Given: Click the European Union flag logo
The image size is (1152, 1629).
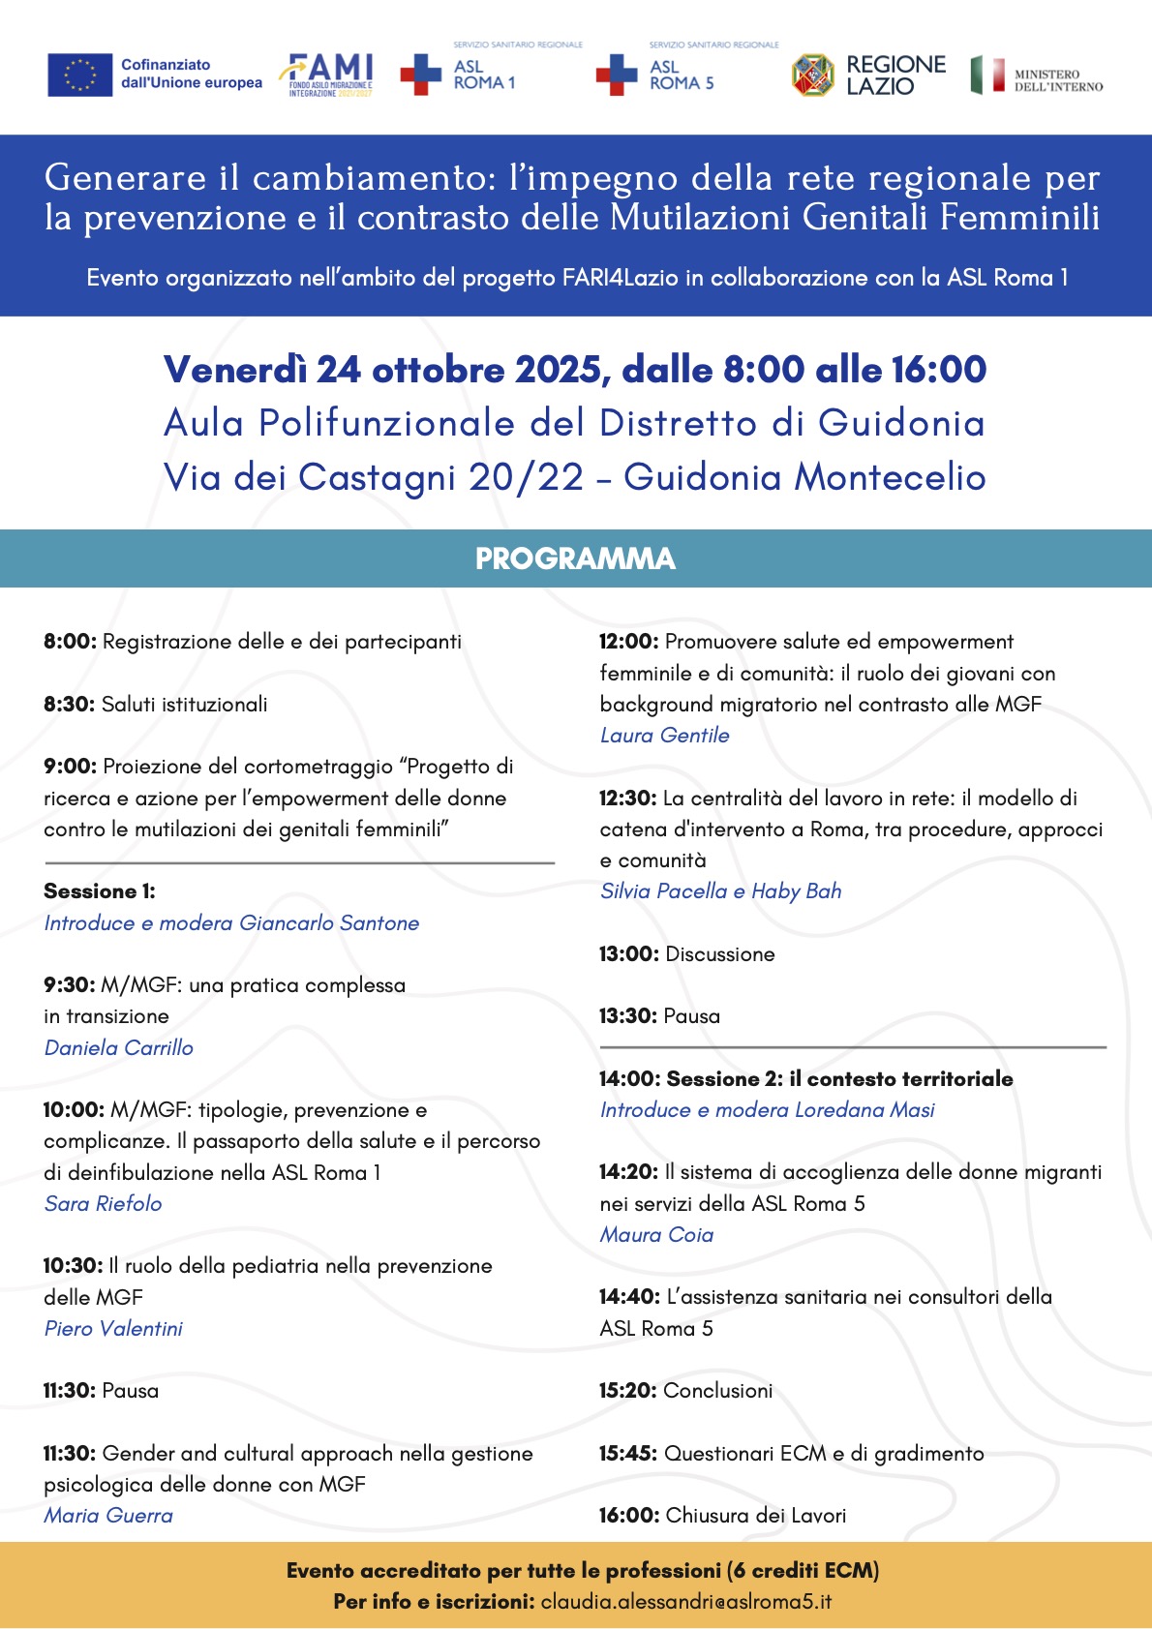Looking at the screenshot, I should click(79, 75).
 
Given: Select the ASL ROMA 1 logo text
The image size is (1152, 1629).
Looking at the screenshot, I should click(484, 75).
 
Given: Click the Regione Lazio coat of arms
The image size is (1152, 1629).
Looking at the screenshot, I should click(813, 75).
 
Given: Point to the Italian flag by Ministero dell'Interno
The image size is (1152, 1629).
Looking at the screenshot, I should click(988, 75).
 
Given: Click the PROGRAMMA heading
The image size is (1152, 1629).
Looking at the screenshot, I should click(575, 558).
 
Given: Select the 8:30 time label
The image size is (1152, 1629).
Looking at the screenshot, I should click(68, 705).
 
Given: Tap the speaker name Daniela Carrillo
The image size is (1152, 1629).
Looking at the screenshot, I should click(119, 1047).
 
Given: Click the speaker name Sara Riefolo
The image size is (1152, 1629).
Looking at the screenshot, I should click(104, 1203).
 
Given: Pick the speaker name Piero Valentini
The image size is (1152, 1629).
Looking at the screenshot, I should click(113, 1328).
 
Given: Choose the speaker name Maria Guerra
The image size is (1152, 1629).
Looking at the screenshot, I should click(108, 1516).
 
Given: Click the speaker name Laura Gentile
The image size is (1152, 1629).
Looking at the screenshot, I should click(665, 735).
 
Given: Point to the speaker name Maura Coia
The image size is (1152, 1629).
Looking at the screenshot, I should click(657, 1234).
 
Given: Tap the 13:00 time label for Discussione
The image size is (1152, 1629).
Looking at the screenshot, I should click(628, 954).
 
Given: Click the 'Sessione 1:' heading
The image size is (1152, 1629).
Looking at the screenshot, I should click(100, 891).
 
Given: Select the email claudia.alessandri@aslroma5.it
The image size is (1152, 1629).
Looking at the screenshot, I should click(686, 1602).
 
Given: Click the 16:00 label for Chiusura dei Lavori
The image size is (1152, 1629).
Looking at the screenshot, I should click(628, 1516).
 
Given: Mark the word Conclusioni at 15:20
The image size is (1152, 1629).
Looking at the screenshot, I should click(718, 1391).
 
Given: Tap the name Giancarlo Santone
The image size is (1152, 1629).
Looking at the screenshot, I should click(329, 923).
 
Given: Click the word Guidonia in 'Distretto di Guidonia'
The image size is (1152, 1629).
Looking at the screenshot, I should click(900, 423).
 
